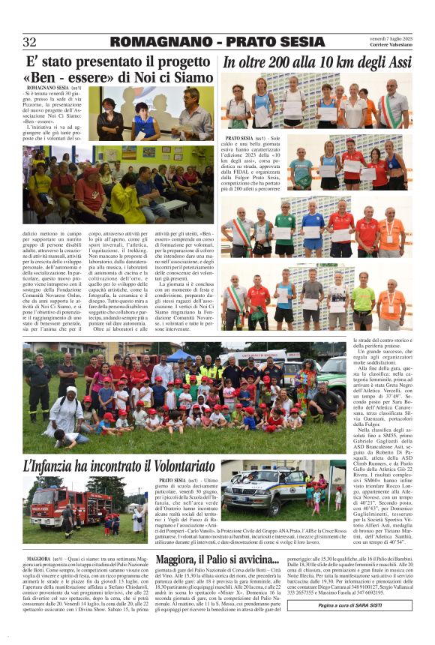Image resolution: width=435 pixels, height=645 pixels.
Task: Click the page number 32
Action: click(30, 42)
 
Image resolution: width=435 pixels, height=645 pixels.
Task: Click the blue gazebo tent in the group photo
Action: click(180, 353)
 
